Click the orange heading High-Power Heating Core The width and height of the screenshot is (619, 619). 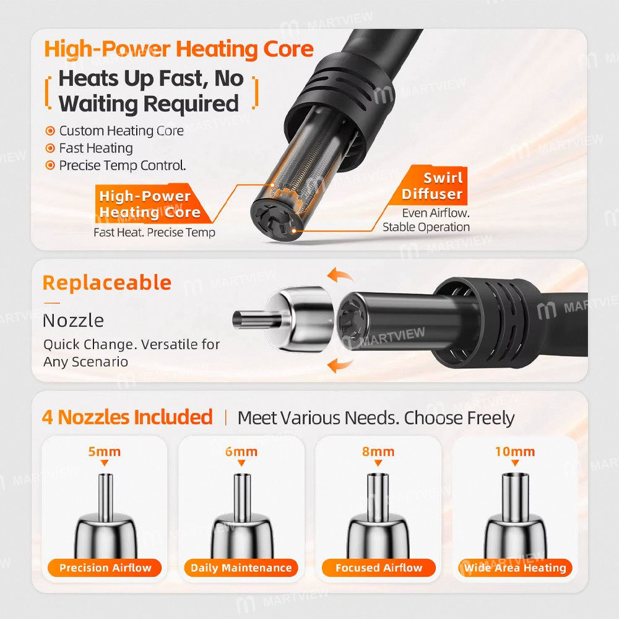[x=179, y=50]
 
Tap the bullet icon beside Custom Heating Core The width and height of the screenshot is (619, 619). [x=50, y=131]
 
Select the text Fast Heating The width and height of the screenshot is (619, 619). [x=96, y=148]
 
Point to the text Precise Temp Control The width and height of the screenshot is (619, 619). [x=123, y=165]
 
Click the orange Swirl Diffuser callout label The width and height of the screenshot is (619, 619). [x=432, y=186]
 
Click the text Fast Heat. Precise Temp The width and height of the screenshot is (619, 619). [x=154, y=233]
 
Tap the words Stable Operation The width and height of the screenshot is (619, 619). [x=426, y=227]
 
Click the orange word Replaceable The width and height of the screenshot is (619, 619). [x=107, y=283]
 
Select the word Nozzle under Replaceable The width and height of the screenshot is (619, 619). [x=73, y=320]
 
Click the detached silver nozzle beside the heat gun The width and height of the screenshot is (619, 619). [x=283, y=319]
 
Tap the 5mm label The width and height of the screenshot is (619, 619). [x=105, y=452]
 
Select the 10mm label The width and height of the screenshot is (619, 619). [x=515, y=452]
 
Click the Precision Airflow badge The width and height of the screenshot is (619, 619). [x=105, y=568]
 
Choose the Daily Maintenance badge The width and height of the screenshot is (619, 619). [x=241, y=568]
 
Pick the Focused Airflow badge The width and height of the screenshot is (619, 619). [x=379, y=568]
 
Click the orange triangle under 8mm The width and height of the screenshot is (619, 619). [x=378, y=463]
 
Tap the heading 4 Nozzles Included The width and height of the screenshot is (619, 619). [x=127, y=417]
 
